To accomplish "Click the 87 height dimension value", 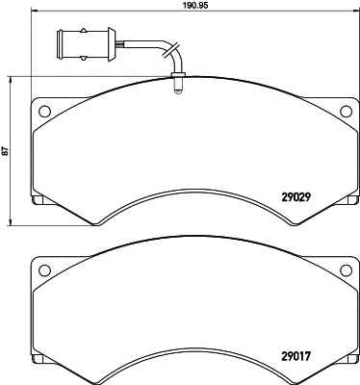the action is click(6, 151).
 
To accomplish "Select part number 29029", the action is click(296, 197).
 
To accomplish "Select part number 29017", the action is click(296, 356).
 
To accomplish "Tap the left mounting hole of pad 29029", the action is click(44, 112).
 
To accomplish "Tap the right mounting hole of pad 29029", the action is click(346, 111).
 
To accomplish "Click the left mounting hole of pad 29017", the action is click(44, 269).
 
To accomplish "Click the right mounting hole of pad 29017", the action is click(346, 269).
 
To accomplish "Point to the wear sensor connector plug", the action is click(86, 44).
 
